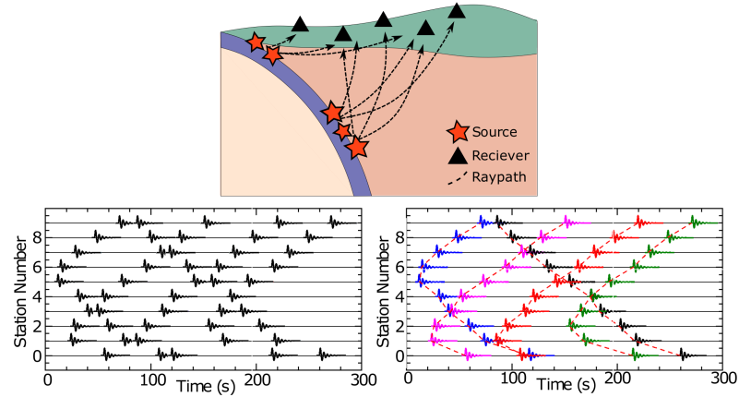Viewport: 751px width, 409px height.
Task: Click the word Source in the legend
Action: [495, 133]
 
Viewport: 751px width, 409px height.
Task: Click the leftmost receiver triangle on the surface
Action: [300, 24]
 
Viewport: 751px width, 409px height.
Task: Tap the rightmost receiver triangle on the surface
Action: [457, 11]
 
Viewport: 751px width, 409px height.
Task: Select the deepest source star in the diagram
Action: [357, 146]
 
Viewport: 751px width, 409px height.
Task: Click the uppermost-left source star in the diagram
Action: [256, 42]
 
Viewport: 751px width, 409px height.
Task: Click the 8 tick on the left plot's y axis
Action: [35, 237]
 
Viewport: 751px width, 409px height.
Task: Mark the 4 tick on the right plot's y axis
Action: [398, 296]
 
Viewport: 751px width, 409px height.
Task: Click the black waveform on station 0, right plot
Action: [685, 355]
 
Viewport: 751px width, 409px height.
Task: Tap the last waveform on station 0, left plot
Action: [325, 355]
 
